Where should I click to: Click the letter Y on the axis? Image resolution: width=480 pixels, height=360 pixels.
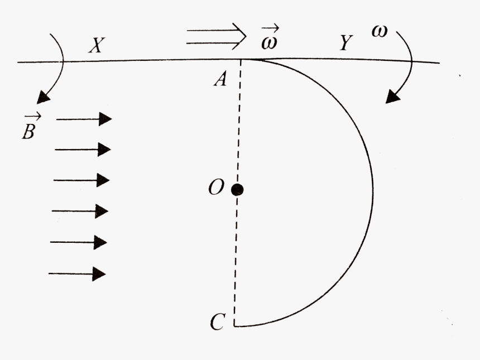[346, 43]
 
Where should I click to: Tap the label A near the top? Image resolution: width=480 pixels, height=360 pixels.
[220, 80]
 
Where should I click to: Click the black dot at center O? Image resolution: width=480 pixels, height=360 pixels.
[237, 190]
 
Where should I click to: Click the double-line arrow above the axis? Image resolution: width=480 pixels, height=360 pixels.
[216, 37]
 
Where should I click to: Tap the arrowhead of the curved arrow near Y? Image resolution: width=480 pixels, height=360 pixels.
[394, 96]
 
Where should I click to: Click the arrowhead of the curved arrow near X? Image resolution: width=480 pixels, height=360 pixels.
[42, 98]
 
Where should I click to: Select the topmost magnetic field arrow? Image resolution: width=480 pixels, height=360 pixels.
[84, 119]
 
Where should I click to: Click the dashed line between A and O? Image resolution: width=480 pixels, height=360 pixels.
[239, 123]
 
